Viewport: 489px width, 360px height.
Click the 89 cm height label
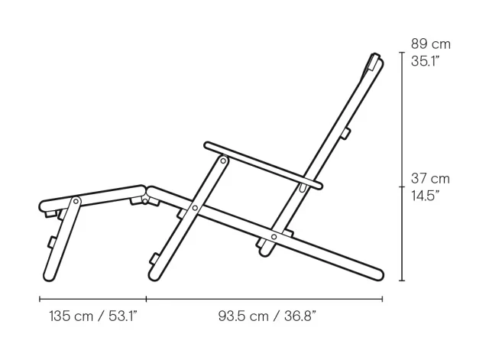pyautogui.click(x=430, y=44)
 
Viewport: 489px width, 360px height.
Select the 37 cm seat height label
pyautogui.click(x=430, y=179)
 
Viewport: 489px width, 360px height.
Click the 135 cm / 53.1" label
pyautogui.click(x=93, y=315)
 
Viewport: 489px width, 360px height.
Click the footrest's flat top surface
pyautogui.click(x=92, y=194)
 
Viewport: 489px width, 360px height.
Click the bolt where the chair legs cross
pyautogui.click(x=196, y=207)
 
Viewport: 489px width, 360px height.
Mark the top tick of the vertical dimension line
pyautogui.click(x=402, y=53)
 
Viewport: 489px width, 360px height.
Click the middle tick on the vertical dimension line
pyautogui.click(x=402, y=186)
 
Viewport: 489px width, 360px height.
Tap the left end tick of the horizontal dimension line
pyautogui.click(x=40, y=299)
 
